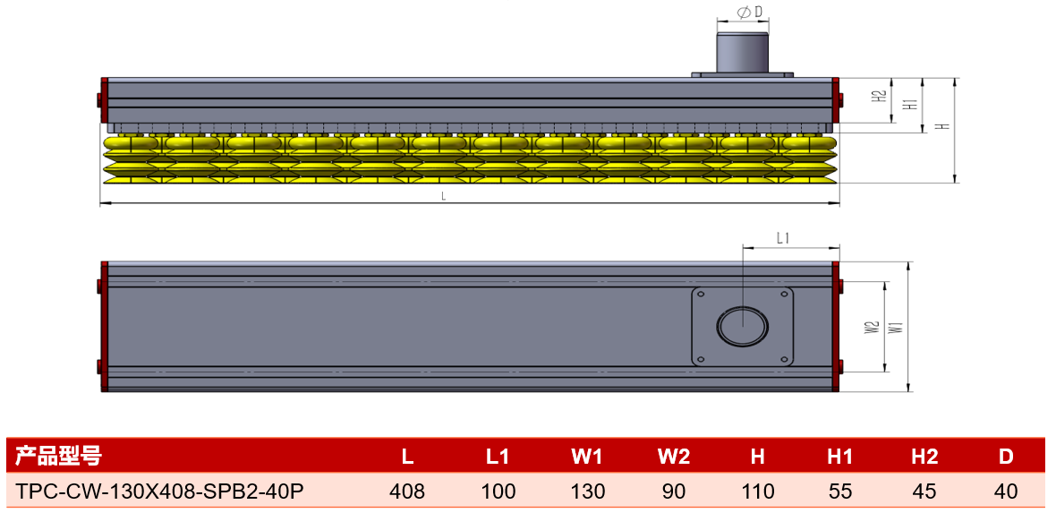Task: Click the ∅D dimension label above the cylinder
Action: click(x=750, y=13)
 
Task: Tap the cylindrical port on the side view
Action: click(x=742, y=52)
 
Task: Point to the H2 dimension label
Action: click(x=879, y=97)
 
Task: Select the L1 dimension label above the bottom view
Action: click(x=782, y=238)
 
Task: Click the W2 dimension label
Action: click(x=872, y=328)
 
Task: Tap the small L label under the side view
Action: click(x=443, y=197)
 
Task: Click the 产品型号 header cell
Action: click(x=58, y=456)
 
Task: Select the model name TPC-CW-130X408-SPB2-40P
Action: click(x=159, y=491)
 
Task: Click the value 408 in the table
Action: click(x=407, y=491)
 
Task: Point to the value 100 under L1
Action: click(x=498, y=491)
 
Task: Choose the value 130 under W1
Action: click(x=588, y=491)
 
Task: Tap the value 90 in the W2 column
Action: click(x=674, y=491)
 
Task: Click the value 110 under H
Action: click(x=758, y=491)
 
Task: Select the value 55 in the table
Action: click(x=840, y=491)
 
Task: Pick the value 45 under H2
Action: click(x=924, y=491)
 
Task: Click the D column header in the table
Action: click(x=1006, y=457)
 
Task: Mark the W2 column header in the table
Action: click(x=674, y=457)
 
